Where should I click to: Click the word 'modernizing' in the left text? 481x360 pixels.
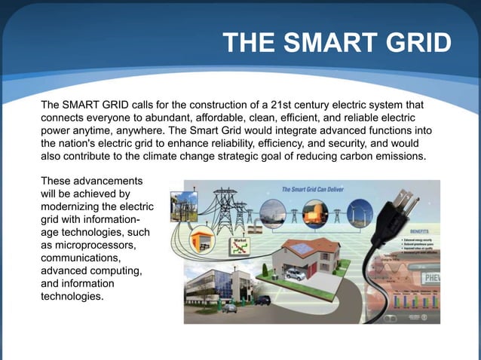72,207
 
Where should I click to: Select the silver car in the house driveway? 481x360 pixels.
296,275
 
